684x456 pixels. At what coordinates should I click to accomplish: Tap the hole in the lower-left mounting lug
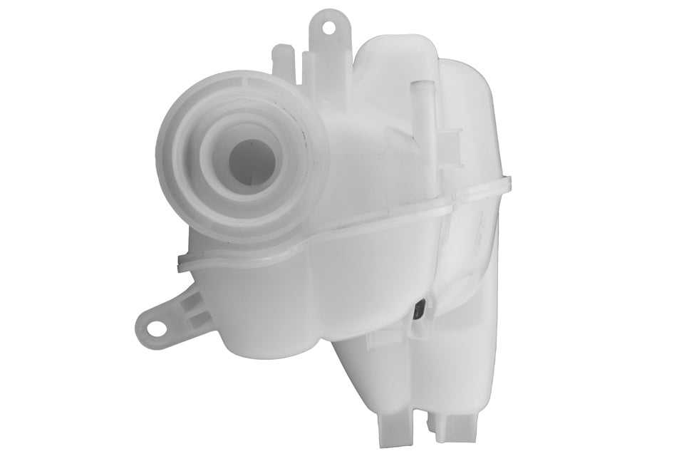coord(151,323)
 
